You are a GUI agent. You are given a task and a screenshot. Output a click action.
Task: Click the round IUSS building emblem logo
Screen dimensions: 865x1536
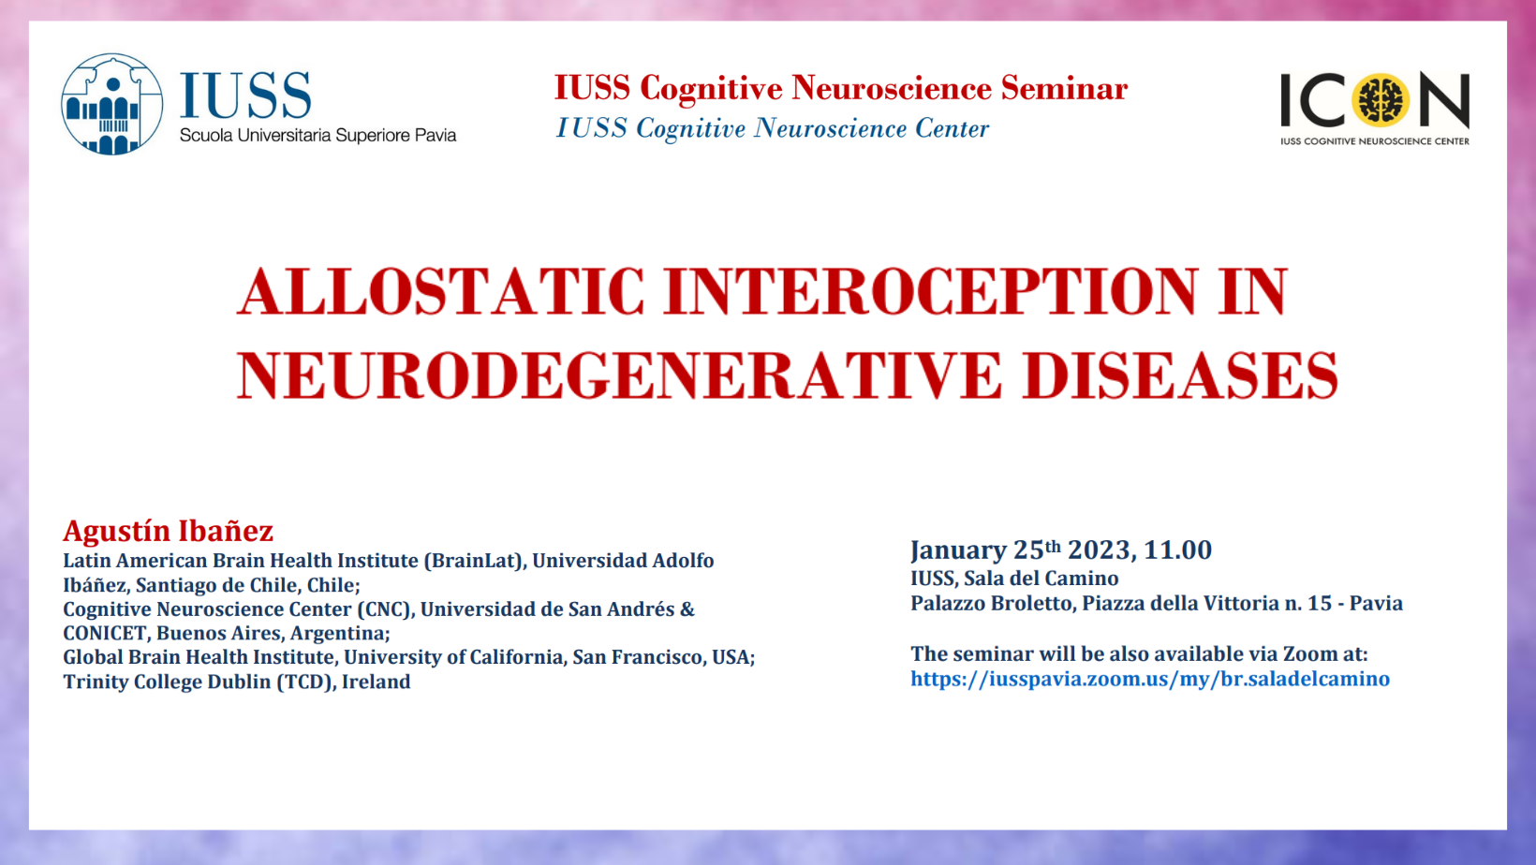click(x=111, y=104)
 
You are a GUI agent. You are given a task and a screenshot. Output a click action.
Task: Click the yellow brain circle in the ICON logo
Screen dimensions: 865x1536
click(x=1381, y=99)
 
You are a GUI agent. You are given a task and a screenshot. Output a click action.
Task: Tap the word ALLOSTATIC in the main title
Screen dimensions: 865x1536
click(x=440, y=292)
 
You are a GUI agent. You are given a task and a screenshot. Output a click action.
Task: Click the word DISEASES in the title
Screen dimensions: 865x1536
click(x=1180, y=376)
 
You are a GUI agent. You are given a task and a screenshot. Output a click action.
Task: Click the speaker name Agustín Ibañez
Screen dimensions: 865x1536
click(x=168, y=531)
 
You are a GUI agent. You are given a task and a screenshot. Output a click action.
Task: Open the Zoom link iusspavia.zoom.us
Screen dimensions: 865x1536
click(x=1149, y=679)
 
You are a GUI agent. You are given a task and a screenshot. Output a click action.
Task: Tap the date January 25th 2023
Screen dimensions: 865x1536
click(x=1020, y=550)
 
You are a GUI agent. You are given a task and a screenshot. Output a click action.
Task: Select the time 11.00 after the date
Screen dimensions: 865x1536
click(x=1177, y=550)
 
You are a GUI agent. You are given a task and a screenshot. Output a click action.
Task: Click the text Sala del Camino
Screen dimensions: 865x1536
click(x=1041, y=579)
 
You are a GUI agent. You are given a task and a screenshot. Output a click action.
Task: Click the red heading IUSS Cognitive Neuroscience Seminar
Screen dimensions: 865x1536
click(x=840, y=88)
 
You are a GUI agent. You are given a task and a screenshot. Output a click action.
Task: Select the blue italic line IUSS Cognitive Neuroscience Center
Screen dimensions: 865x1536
click(x=772, y=128)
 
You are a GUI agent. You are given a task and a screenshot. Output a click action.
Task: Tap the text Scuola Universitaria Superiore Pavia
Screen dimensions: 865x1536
click(x=318, y=136)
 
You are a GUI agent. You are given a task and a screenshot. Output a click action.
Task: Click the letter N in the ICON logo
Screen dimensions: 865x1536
click(x=1443, y=99)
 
